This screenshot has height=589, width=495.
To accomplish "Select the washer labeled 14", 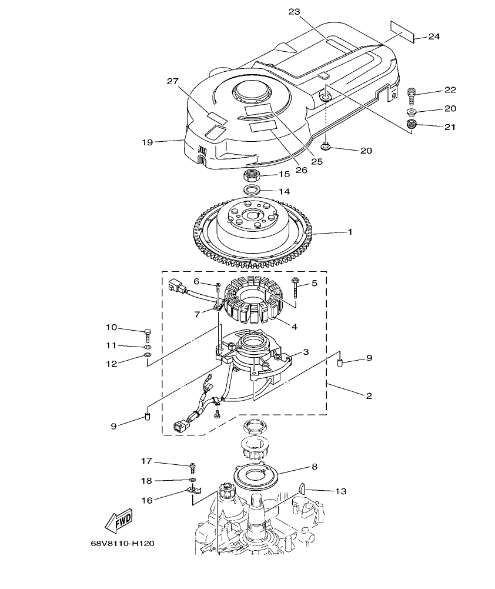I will point(252,190).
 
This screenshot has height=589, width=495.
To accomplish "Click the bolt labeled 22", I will point(412,93).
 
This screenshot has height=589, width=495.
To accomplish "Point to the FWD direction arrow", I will point(118,520).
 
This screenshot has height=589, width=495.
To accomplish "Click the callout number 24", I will point(434,36).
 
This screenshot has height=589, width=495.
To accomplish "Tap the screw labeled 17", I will point(192,468).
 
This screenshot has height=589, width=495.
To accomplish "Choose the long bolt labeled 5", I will point(295,288).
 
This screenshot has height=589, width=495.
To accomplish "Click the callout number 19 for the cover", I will point(147,142).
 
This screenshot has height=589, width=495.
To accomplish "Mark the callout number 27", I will point(172,82).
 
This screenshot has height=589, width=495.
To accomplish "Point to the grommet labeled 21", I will point(412,124).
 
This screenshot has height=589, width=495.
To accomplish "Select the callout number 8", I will point(315,466).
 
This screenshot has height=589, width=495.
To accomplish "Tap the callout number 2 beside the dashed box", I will point(369,396).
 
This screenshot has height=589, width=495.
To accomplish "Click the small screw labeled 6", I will point(218,287).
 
